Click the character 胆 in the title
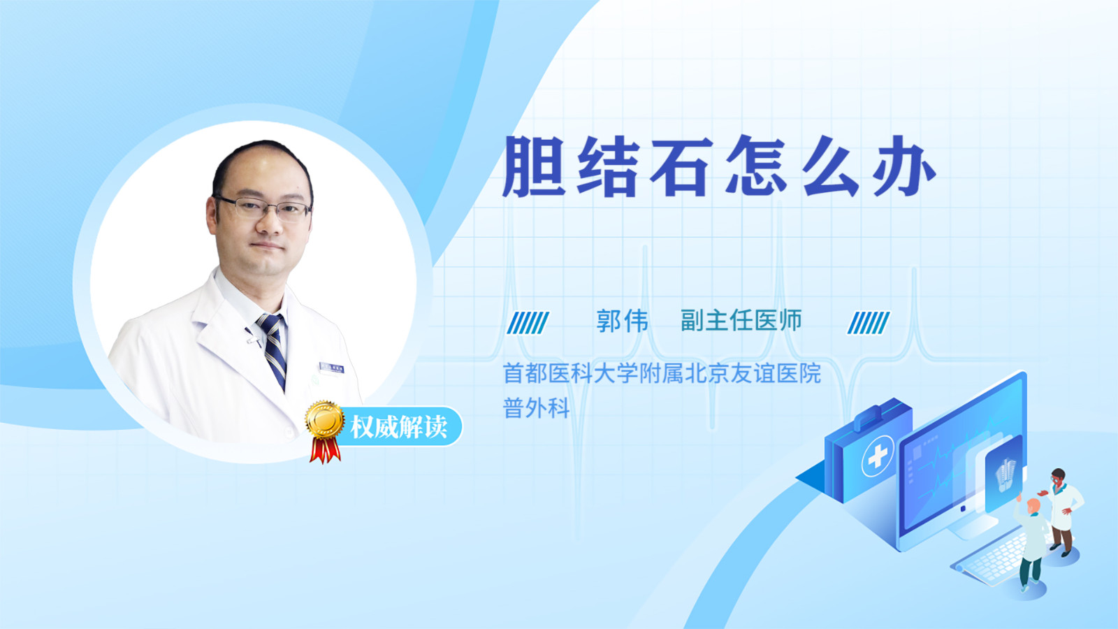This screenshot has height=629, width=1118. [534, 166]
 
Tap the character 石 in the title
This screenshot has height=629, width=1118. [681, 166]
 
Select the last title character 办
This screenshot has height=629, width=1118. [903, 166]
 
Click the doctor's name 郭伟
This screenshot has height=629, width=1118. [623, 321]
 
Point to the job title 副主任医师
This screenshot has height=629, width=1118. [741, 321]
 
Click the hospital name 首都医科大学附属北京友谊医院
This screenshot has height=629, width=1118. [662, 373]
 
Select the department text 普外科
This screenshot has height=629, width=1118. [537, 408]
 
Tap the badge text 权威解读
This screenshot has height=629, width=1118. [398, 427]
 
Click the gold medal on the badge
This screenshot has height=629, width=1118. [325, 420]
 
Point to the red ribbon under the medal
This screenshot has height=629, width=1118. [325, 450]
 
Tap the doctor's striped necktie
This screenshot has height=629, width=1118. [273, 350]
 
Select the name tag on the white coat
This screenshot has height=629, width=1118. [331, 368]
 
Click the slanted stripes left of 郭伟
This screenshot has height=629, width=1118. [528, 323]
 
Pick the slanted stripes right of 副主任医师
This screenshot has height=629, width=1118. [869, 323]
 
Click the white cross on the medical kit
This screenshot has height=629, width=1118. [878, 455]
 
